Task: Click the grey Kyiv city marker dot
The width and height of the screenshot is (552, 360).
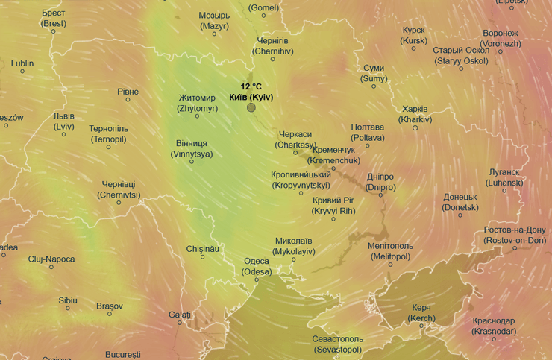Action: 251,107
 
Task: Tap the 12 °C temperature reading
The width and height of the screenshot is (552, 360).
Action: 251,87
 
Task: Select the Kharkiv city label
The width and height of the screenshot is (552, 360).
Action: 415,114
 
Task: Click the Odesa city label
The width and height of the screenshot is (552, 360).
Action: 257,266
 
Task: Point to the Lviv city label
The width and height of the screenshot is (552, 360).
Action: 64,121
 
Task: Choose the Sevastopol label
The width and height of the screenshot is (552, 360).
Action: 337,344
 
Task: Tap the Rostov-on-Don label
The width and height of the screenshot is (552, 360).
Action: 514,235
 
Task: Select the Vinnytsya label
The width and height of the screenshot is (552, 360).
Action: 192,148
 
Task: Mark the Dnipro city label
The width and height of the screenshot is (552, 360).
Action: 380,182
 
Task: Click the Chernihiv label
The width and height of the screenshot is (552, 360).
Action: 272,45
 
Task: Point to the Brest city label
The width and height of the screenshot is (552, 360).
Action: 54,19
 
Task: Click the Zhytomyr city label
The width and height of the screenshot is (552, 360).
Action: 197,103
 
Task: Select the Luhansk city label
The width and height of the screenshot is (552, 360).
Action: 506,177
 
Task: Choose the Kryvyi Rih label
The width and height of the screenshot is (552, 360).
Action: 333,206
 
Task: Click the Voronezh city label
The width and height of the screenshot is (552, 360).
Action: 501,39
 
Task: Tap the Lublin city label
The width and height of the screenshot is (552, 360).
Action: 22,63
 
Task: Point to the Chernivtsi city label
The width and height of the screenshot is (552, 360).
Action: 119,189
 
